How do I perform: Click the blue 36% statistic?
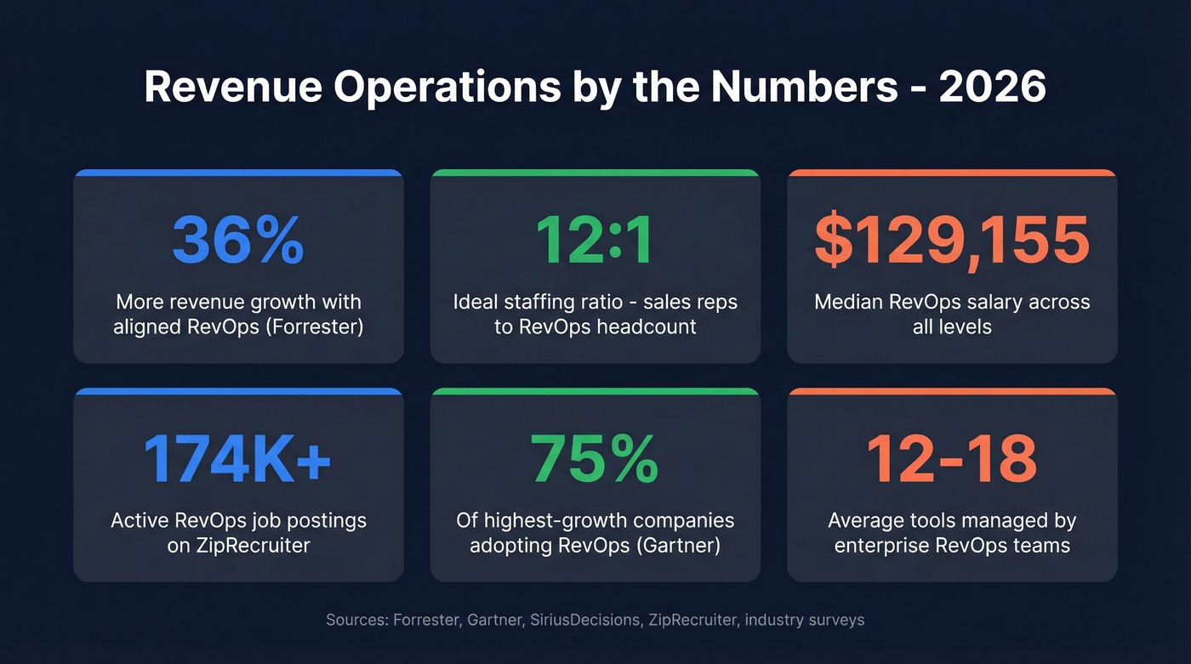(x=238, y=240)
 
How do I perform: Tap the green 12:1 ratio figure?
(x=595, y=240)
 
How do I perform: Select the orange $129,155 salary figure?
(x=952, y=240)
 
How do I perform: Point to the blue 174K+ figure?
(x=238, y=459)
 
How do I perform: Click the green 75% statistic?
(x=595, y=459)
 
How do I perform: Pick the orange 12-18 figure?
(x=952, y=459)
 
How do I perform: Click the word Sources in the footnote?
(x=356, y=620)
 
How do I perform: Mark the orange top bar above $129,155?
(x=952, y=173)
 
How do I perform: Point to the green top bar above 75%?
(x=595, y=391)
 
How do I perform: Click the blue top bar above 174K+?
(x=238, y=391)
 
